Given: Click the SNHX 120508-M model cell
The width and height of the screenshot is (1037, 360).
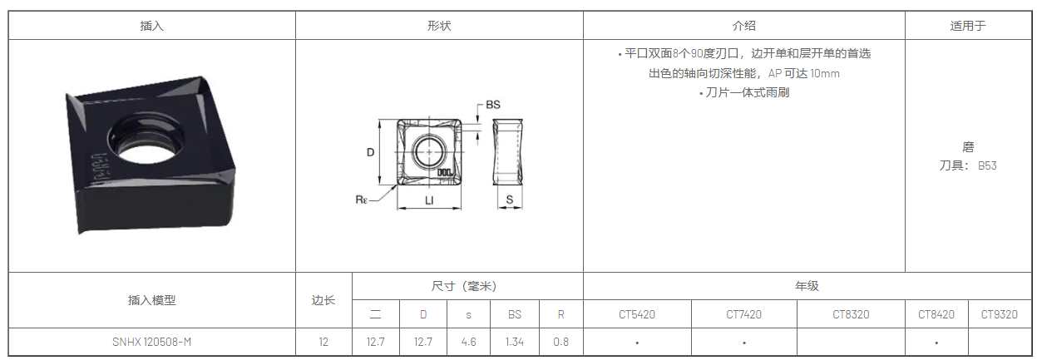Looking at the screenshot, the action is [x=151, y=342].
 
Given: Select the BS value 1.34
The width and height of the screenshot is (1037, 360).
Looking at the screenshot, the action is [x=514, y=342].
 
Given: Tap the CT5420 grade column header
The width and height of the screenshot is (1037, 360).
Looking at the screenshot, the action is [x=637, y=314].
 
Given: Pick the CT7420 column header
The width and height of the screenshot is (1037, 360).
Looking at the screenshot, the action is [x=743, y=314].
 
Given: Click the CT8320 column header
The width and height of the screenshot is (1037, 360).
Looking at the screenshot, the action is [x=851, y=314].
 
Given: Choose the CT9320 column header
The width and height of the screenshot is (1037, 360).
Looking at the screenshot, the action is [x=999, y=314].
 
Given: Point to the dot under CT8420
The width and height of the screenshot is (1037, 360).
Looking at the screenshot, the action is [x=936, y=343].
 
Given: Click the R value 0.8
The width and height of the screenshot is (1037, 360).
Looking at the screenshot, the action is [x=560, y=342].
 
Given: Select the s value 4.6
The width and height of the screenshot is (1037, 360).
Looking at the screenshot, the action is [x=468, y=342].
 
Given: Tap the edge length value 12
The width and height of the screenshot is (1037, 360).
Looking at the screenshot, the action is [x=323, y=342].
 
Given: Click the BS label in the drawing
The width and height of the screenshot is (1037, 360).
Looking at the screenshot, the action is [x=493, y=105].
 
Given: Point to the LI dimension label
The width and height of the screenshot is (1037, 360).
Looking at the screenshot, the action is [x=429, y=200].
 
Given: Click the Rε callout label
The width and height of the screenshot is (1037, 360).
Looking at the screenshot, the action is [x=361, y=200].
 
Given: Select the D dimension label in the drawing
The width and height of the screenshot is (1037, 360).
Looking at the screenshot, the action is [x=370, y=152].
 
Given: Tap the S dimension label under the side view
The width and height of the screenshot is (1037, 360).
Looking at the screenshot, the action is [x=510, y=200].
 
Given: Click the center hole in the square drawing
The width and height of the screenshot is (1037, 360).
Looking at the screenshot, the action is [x=429, y=152].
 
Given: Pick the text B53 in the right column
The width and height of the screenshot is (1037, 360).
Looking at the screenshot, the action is [x=987, y=165].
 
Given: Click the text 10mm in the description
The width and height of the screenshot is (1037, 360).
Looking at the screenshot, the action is [x=825, y=73].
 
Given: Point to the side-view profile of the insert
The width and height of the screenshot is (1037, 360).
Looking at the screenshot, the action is [x=508, y=152].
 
